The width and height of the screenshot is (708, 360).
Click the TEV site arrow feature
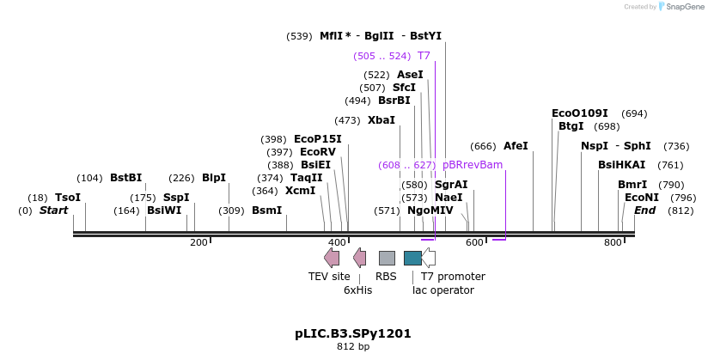(332, 258)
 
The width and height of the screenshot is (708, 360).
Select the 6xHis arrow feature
(359, 258)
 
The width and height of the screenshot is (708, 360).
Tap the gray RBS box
(387, 258)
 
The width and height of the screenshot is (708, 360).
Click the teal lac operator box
(412, 258)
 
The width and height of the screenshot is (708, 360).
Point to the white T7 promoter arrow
(429, 258)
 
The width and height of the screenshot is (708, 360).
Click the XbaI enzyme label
(381, 120)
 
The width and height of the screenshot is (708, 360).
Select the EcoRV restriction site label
(318, 152)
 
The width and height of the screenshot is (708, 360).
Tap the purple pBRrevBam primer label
(473, 165)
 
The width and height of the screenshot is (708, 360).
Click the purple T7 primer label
(424, 56)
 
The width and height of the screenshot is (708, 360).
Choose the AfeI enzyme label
(516, 146)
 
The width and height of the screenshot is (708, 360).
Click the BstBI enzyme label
(126, 178)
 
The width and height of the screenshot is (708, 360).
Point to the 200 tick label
(198, 242)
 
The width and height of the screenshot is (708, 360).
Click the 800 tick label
(613, 242)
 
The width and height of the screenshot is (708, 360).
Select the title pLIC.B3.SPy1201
(353, 334)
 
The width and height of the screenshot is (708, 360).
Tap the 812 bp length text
(353, 347)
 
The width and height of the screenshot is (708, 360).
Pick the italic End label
(644, 211)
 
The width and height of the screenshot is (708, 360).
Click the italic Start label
(54, 211)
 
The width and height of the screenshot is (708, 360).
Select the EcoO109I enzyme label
(580, 113)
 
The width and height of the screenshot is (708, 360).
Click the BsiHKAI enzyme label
(622, 165)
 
